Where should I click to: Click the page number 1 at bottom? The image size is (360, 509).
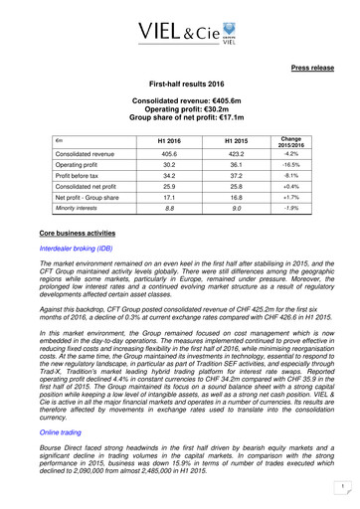point(338,486)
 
